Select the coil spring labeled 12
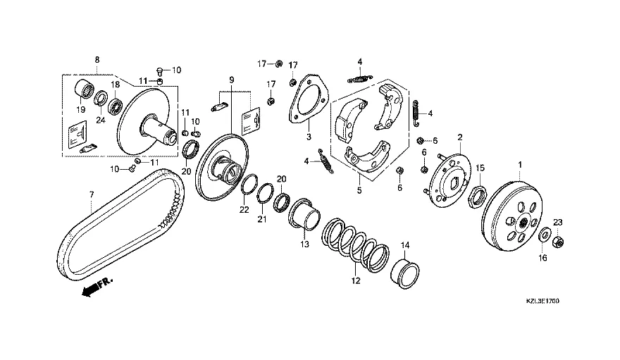[355, 245]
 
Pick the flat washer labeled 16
[544, 234]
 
